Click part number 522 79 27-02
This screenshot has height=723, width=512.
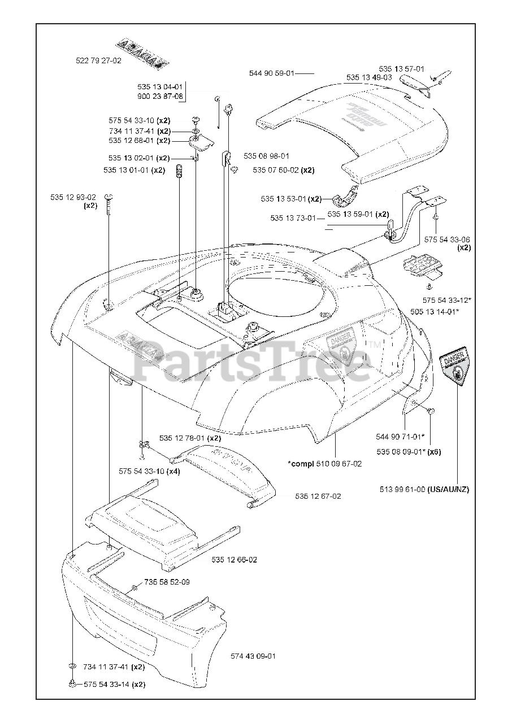tap(98, 60)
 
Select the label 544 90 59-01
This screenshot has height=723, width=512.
tap(272, 73)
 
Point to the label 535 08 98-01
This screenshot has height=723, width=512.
tap(267, 156)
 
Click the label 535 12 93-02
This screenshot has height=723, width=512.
tap(73, 197)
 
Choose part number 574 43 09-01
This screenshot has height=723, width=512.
tap(253, 656)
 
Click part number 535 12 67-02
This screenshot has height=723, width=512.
tap(318, 496)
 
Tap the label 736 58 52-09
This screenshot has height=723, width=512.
tap(167, 582)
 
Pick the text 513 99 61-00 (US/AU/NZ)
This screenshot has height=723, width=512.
tap(424, 489)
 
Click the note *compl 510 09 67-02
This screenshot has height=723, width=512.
tap(325, 464)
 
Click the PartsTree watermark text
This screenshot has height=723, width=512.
tap(249, 362)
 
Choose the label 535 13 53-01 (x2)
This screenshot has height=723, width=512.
tap(291, 199)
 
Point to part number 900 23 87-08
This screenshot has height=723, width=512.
tap(160, 97)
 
